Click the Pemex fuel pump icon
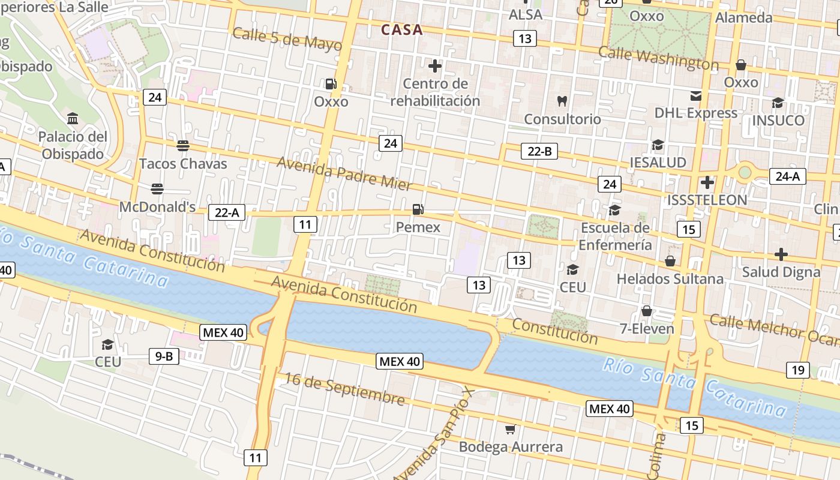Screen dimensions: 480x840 click(x=418, y=209)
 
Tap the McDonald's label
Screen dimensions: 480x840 click(x=157, y=207)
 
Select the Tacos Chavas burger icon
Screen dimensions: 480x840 click(x=183, y=145)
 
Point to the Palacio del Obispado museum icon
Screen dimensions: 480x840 click(x=73, y=118)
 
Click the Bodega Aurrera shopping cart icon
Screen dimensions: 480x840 click(x=510, y=429)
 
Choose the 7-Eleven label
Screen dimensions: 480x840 click(x=647, y=329)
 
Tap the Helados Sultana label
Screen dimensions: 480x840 click(x=670, y=279)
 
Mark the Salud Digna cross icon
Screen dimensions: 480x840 click(x=781, y=254)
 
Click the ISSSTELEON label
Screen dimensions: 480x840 click(x=707, y=200)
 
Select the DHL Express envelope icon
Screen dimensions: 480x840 click(x=695, y=95)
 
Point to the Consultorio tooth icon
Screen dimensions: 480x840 click(x=562, y=101)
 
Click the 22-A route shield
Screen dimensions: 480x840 click(x=227, y=212)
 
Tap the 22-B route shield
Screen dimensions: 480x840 click(x=539, y=151)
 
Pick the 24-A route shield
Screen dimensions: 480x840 click(x=787, y=176)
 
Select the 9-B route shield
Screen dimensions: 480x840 click(x=164, y=356)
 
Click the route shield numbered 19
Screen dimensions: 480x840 click(x=797, y=370)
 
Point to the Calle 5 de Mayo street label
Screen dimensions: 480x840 click(x=287, y=38)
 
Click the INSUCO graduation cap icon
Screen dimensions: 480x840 click(x=778, y=103)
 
